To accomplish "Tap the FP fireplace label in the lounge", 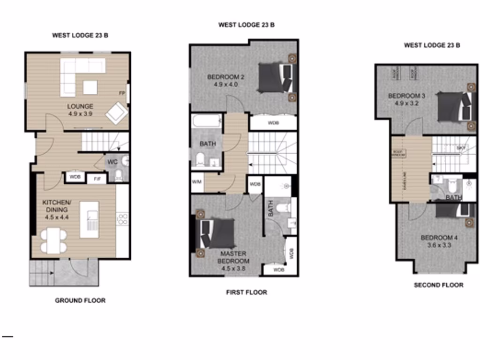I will [x=121, y=93].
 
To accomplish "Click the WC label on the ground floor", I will [x=112, y=162].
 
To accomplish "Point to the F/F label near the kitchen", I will [x=97, y=178].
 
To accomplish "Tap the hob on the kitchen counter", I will [x=122, y=219].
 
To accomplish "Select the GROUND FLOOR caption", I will [x=80, y=300].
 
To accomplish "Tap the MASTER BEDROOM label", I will [x=233, y=257].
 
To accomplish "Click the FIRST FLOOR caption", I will [x=247, y=292].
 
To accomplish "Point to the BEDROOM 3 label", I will [x=406, y=96].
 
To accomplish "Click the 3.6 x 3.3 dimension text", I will [x=439, y=245].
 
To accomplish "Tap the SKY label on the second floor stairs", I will [x=460, y=148].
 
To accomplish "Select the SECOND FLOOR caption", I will [x=438, y=285].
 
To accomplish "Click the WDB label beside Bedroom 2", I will [x=273, y=124].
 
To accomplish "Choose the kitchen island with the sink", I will [x=89, y=219].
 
